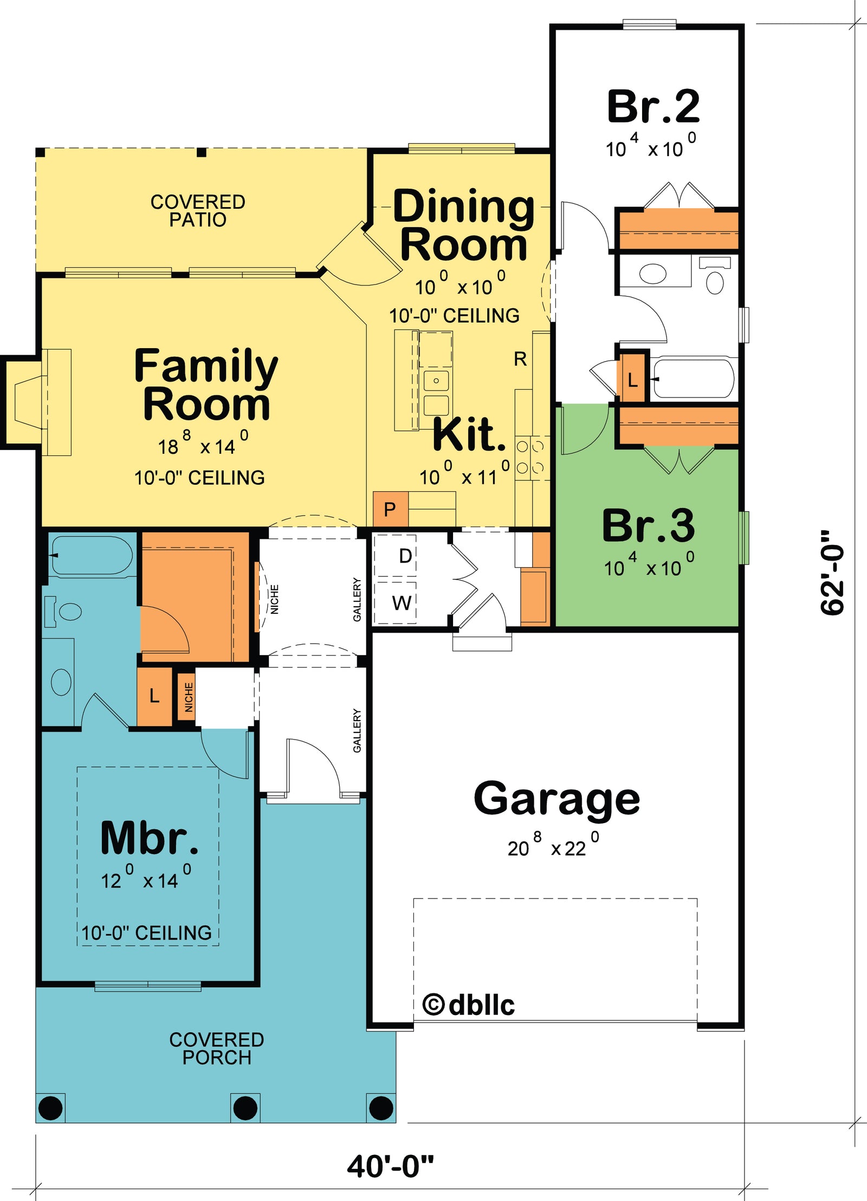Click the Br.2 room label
[653, 107]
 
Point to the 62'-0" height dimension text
[832, 573]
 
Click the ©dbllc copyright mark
[468, 1005]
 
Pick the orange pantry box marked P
[390, 509]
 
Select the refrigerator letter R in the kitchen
[520, 359]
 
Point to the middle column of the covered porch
[245, 1107]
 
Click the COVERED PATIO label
[198, 210]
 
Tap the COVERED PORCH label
[217, 1048]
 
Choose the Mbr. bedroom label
[149, 839]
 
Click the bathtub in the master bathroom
[90, 555]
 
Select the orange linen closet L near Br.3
[632, 380]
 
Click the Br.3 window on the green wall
[744, 537]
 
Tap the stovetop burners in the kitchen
[530, 457]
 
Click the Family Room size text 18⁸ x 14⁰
[203, 445]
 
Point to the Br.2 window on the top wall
[649, 24]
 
